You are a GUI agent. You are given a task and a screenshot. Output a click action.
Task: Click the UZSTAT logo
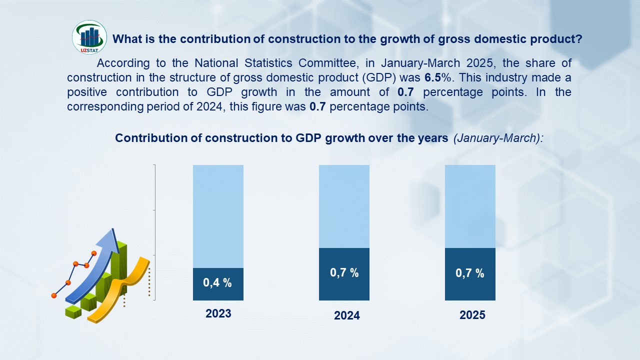point(89,37)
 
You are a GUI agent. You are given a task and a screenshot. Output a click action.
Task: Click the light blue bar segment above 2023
point(218,216)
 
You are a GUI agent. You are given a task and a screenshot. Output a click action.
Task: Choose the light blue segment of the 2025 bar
point(470,206)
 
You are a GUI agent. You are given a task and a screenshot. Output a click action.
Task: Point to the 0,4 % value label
point(217,282)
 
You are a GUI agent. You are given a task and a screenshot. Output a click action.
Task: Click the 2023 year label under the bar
point(218,313)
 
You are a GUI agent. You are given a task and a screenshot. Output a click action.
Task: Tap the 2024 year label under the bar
point(347,316)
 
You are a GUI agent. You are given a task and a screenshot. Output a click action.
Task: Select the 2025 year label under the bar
point(472,315)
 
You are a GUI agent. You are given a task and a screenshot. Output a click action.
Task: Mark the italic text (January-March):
point(498,138)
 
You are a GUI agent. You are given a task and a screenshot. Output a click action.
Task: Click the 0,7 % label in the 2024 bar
point(344,273)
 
